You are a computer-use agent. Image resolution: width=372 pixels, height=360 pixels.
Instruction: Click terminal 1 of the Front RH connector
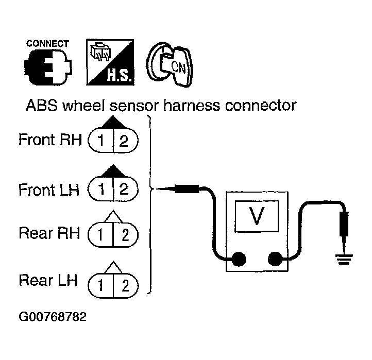tap(103, 141)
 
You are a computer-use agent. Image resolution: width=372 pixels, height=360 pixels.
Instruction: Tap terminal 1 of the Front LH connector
tap(103, 189)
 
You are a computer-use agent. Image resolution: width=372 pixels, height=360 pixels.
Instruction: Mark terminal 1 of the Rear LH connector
tap(103, 283)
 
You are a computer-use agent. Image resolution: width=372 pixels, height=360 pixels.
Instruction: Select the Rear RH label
tap(49, 233)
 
